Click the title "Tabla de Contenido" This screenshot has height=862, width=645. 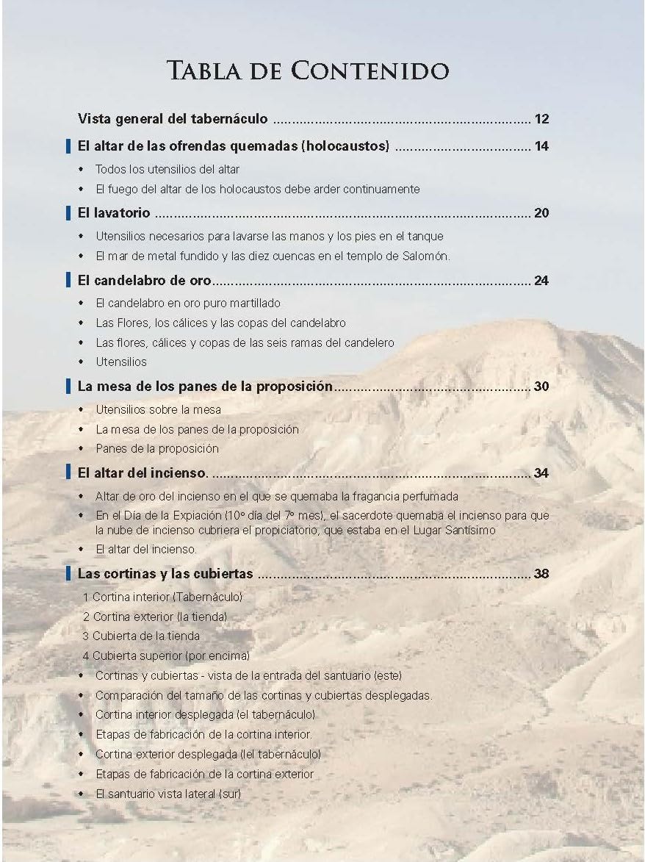pos(308,71)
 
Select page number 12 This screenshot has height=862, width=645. pos(541,119)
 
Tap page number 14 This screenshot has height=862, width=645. pos(541,146)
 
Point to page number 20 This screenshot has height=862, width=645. pos(541,214)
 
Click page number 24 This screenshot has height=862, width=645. pos(541,281)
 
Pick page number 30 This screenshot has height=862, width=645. pos(541,387)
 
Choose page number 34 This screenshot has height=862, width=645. pos(541,473)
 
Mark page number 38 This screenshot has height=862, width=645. pos(541,574)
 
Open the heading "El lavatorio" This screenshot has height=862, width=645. pos(114,214)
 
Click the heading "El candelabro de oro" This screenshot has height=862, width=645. pos(145,281)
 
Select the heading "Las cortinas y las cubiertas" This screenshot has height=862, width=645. pos(165,574)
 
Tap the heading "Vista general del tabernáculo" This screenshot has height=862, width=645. pos(173,119)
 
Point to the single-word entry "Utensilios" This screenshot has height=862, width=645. pos(121,362)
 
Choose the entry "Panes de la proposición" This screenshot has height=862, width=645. pos(157,448)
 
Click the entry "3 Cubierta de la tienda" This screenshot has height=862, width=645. pos(141,636)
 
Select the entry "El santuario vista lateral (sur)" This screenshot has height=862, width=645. pos(168,794)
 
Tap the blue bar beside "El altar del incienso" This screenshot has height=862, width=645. pos(68,473)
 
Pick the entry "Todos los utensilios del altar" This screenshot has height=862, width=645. pos(167,169)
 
